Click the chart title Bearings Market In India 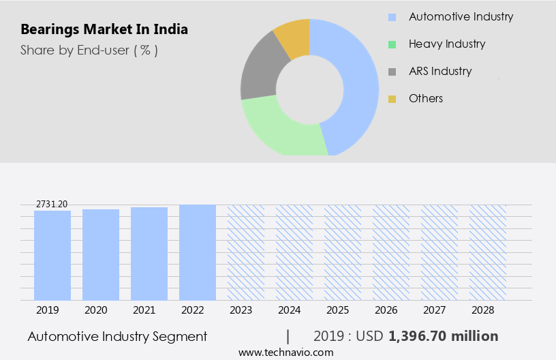point(104,29)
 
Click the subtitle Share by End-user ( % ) point(89,50)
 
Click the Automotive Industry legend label point(461,16)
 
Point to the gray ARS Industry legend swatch point(392,72)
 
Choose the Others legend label point(425,98)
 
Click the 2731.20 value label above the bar point(52,204)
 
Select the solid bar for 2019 point(52,255)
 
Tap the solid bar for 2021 point(149,254)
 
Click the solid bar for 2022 point(198,252)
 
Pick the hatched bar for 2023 point(246,252)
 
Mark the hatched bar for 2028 point(488,252)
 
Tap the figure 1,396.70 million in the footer point(443,336)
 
